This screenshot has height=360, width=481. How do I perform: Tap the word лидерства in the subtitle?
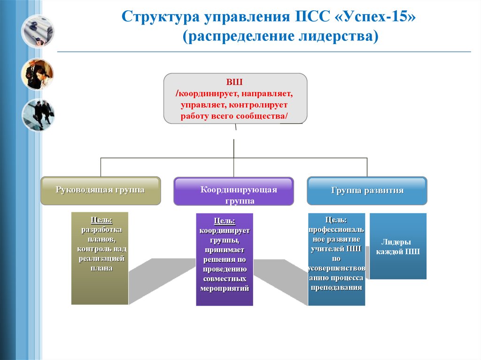point(338,36)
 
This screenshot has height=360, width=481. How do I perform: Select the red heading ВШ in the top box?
point(234,82)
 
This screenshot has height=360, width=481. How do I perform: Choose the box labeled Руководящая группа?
point(101,191)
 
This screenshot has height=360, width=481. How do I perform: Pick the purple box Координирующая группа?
point(234,191)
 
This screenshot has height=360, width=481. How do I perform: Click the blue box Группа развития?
point(367,191)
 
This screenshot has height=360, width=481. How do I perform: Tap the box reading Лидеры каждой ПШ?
point(398,246)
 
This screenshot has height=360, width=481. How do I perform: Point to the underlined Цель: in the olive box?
point(101,220)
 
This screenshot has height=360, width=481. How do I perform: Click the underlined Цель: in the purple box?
point(225,221)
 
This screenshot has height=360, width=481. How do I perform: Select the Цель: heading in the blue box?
point(336,220)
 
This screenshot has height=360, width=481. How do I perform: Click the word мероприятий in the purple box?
point(225,289)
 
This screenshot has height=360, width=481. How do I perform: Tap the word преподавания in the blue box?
point(336,288)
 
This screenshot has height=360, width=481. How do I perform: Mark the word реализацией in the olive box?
point(101,259)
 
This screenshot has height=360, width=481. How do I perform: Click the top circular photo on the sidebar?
point(38,32)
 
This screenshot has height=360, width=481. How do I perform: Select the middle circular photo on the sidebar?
point(38,74)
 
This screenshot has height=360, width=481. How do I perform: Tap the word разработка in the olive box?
point(101,230)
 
